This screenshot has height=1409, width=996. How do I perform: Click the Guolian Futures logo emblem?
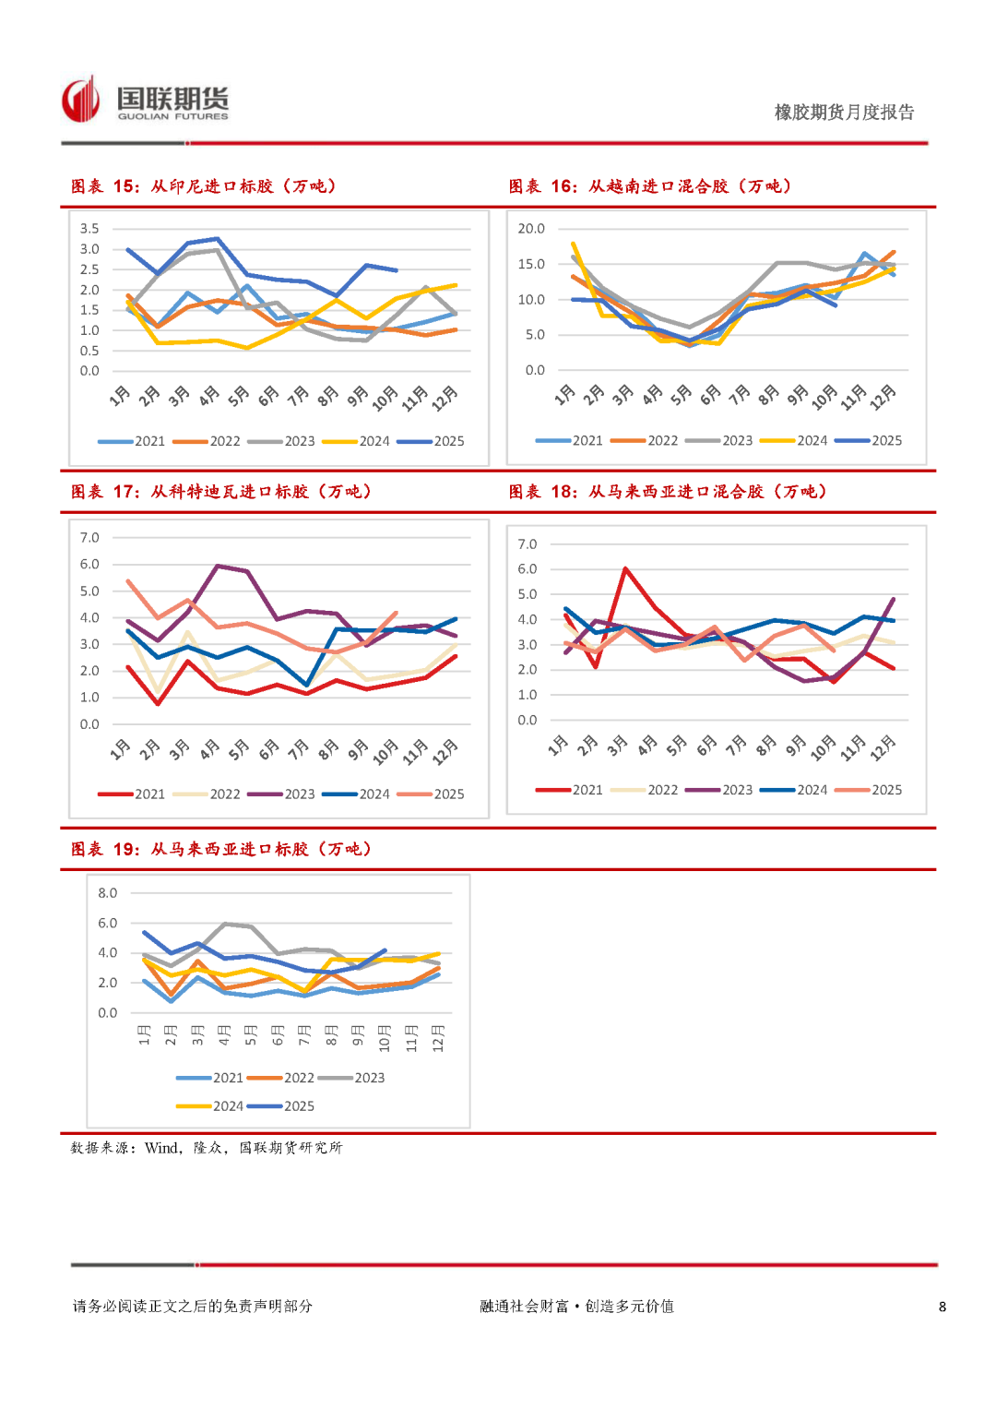[x=80, y=100]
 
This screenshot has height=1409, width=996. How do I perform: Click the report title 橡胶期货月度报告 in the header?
[x=844, y=113]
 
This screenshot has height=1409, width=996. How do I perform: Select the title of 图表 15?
[x=204, y=186]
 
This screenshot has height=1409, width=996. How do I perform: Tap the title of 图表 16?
[x=650, y=186]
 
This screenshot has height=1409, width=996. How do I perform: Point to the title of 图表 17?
[x=221, y=492]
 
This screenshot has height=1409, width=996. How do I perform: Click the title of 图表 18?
[x=668, y=492]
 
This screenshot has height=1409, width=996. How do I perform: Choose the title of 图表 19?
[x=221, y=849]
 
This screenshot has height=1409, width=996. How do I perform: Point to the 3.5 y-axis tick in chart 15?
[x=89, y=229]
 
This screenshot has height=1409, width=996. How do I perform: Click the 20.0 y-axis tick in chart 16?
[x=531, y=229]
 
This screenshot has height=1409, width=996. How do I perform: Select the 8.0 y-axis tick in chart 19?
[x=108, y=893]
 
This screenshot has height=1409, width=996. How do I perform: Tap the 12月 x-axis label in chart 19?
[x=438, y=1038]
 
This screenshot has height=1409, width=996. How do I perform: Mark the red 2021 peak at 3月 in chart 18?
[x=625, y=568]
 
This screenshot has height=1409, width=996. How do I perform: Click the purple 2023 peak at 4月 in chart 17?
[x=218, y=566]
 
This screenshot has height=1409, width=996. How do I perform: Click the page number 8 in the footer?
[x=942, y=1307]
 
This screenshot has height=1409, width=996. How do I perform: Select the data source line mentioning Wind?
[x=207, y=1148]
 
